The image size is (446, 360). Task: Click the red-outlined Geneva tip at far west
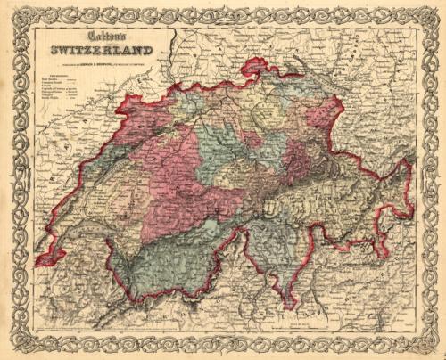pos(41,263)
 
